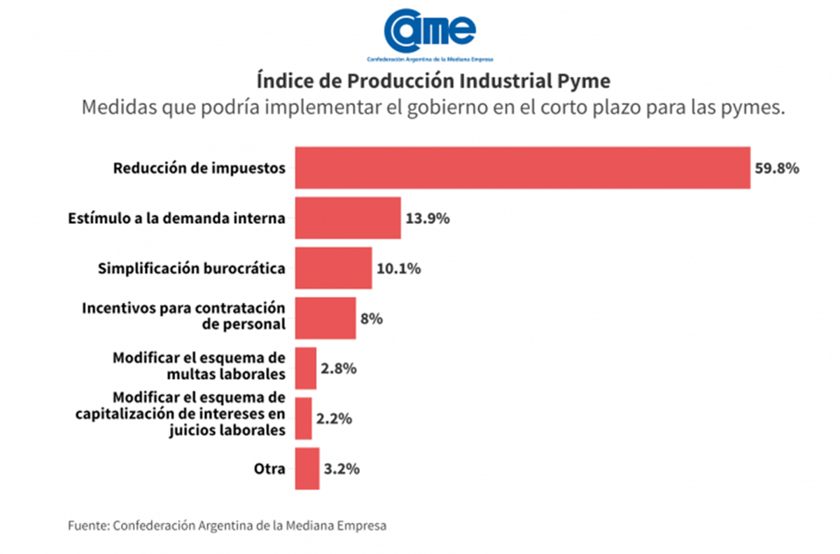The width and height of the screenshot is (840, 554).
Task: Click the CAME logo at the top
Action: [430, 34]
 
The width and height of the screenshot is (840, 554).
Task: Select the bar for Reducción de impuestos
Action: [522, 168]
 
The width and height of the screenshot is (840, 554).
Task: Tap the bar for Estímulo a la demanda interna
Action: [348, 218]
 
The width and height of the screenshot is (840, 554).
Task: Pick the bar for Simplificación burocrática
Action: [333, 268]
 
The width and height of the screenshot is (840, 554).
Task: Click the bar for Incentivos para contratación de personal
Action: [325, 318]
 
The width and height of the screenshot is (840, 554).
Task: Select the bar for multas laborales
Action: [306, 369]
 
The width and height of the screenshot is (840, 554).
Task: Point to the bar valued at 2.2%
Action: [304, 419]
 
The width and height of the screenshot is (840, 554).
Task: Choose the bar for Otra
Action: [307, 469]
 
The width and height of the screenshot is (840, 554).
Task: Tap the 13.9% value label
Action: [427, 218]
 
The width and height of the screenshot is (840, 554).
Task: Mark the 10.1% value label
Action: [398, 269]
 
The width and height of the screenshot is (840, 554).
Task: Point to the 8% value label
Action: [372, 319]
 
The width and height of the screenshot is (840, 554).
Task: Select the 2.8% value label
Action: [339, 369]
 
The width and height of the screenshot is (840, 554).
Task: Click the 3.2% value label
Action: [342, 469]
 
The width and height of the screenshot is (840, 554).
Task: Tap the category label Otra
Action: [269, 469]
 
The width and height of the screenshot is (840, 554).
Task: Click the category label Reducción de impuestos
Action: [199, 169]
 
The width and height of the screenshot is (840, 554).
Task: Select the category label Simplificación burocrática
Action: [192, 269]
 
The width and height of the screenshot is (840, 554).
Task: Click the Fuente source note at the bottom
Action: [227, 525]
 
